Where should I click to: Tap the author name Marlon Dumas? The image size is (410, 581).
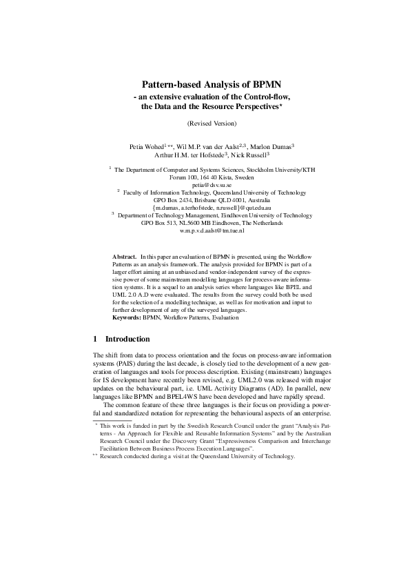tap(270, 146)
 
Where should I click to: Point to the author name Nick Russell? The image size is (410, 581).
tap(250, 155)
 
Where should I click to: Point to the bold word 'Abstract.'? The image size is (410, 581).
tap(125, 257)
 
